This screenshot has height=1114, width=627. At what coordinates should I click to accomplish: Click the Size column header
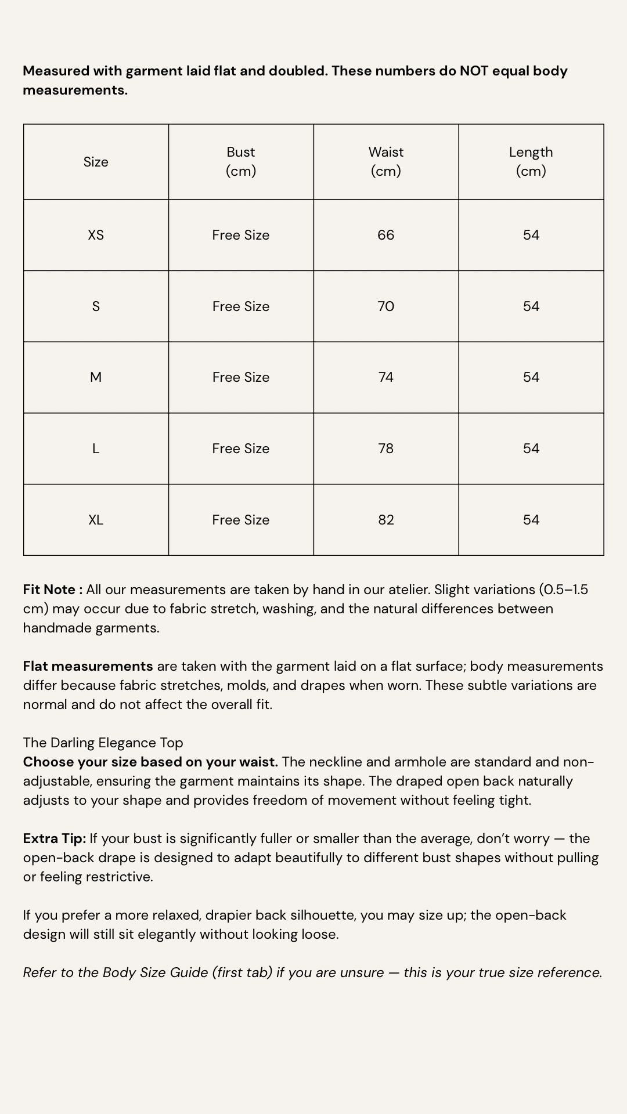(96, 162)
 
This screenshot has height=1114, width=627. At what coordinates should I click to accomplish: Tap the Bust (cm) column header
(241, 161)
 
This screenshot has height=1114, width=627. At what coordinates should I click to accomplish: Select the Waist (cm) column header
(386, 161)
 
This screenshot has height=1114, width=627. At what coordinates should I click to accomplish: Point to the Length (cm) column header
(531, 161)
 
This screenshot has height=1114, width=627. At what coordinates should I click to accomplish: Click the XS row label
(96, 235)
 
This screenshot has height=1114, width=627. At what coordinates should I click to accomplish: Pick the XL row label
(96, 520)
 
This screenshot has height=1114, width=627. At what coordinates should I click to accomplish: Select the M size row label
(96, 377)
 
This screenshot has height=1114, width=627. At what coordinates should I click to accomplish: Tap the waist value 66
(386, 235)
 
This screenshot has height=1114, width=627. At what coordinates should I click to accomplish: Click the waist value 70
(386, 306)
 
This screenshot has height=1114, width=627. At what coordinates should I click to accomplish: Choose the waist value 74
(386, 377)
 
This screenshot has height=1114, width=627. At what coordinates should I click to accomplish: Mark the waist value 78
(386, 449)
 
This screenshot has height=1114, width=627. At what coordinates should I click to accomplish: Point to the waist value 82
(386, 520)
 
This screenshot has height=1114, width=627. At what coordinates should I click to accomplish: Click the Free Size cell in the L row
(241, 449)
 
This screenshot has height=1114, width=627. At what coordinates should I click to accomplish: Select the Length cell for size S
(531, 306)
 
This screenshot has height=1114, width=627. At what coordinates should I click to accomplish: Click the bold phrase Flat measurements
(88, 666)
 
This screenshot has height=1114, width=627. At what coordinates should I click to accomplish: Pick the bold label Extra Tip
(55, 838)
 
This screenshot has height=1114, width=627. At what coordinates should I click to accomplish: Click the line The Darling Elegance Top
(103, 743)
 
